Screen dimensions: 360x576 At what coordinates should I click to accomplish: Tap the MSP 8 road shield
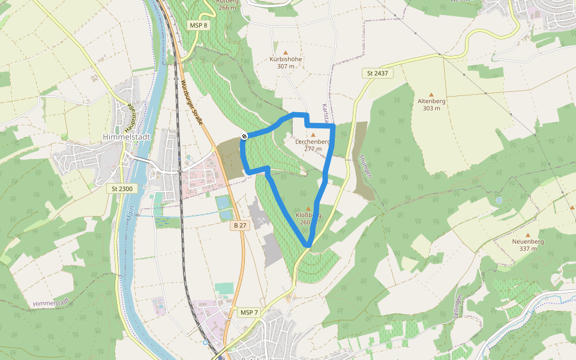tap(198, 25)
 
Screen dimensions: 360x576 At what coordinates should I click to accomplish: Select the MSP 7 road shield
tap(248, 313)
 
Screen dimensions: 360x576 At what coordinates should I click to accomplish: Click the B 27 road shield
tap(240, 225)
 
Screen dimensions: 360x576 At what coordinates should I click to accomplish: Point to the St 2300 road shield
tap(121, 188)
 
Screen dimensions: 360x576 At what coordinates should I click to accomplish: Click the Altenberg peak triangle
tap(431, 94)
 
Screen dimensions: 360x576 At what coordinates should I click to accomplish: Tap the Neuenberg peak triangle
tap(528, 235)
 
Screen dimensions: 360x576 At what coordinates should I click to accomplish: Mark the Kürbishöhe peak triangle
tap(286, 52)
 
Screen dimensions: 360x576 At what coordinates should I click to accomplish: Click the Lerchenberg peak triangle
tap(313, 134)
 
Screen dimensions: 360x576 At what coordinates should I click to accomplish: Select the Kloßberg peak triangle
tap(308, 208)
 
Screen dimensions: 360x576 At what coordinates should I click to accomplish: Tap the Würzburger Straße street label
tap(192, 103)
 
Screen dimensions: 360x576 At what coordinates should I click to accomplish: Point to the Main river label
tap(130, 216)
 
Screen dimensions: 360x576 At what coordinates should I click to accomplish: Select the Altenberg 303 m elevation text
tap(431, 108)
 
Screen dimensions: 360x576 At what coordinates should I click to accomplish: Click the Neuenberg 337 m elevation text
tap(528, 248)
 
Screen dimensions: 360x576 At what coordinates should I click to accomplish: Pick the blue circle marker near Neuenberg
tap(499, 200)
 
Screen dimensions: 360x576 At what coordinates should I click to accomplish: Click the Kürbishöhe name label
tap(286, 59)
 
